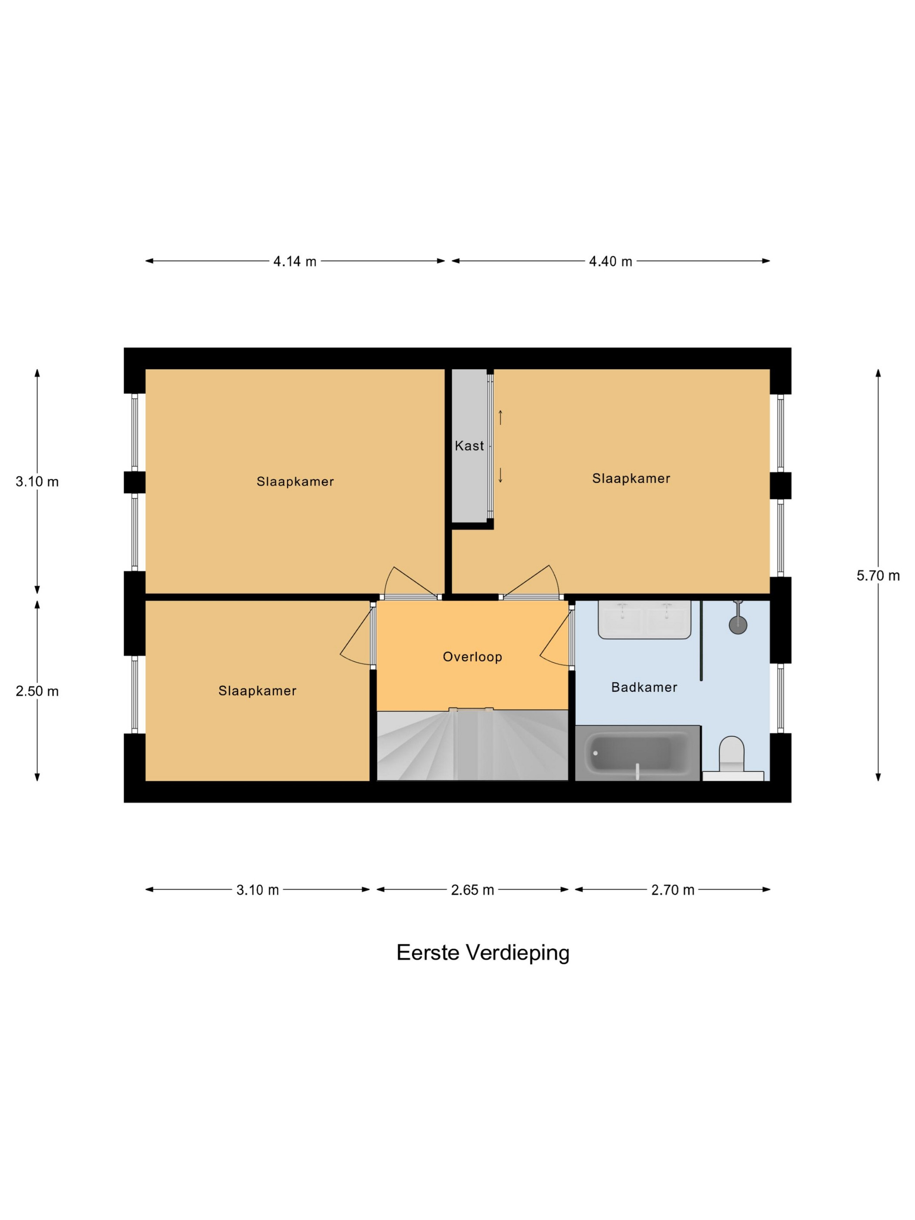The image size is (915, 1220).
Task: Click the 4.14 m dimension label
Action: pos(295,261)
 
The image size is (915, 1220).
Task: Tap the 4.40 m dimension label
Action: pos(610,261)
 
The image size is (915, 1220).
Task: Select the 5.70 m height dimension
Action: pos(878,576)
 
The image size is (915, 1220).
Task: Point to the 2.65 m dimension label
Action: pos(472,890)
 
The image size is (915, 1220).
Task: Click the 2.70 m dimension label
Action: pos(672,890)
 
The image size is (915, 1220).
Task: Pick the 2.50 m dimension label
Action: pos(37,691)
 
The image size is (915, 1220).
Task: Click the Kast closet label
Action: pos(469,446)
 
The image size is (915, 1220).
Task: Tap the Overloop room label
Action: pos(472,657)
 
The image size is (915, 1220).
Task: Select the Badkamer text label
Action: pos(644,687)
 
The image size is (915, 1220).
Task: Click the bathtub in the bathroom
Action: pos(637,753)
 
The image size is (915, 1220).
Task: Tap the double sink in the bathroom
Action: pos(644,620)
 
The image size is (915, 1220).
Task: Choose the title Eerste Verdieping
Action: pos(483,953)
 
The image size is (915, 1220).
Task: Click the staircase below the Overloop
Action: pos(472,745)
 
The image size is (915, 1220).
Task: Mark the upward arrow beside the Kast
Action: pos(500,417)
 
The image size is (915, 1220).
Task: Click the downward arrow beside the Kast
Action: pos(500,475)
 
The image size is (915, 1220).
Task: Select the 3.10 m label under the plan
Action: pos(258,890)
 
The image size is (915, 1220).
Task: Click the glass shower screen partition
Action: pos(701,640)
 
